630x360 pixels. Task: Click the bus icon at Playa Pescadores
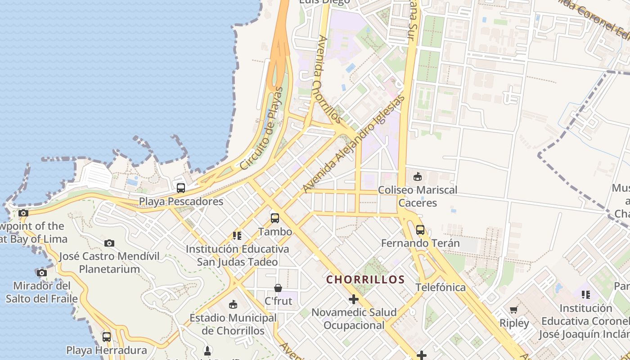tap(181, 188)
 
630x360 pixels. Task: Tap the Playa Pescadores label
tap(181, 201)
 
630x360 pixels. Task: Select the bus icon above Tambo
tap(275, 218)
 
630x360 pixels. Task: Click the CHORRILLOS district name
tap(365, 279)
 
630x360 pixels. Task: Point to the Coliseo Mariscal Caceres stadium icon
tap(418, 176)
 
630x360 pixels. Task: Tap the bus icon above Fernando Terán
tap(420, 229)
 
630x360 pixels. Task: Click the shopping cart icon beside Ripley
tap(514, 310)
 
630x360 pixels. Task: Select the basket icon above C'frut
tap(278, 288)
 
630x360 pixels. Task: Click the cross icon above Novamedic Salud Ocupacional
tap(354, 299)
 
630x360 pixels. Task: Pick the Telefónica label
tap(440, 288)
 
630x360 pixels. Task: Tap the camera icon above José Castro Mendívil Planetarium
tap(109, 243)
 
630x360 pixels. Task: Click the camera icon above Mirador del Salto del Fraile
tap(42, 273)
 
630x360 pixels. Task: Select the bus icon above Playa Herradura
tap(107, 337)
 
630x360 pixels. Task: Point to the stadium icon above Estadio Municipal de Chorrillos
tap(233, 305)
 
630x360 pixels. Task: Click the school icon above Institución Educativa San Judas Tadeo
tap(237, 235)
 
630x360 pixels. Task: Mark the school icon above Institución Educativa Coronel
tap(585, 295)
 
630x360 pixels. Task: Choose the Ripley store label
tap(514, 323)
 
